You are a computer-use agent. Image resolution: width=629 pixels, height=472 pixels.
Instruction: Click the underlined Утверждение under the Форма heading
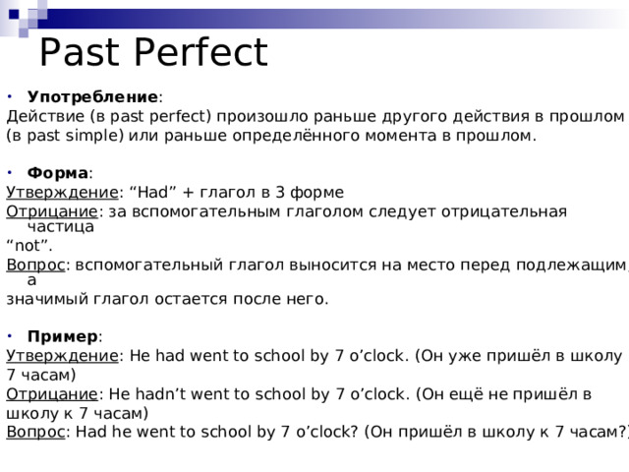(62, 191)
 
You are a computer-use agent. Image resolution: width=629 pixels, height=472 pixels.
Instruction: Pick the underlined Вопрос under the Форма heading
(35, 265)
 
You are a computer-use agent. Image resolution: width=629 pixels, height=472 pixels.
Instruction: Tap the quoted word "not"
(29, 245)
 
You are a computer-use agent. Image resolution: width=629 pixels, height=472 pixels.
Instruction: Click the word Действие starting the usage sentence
(44, 117)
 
